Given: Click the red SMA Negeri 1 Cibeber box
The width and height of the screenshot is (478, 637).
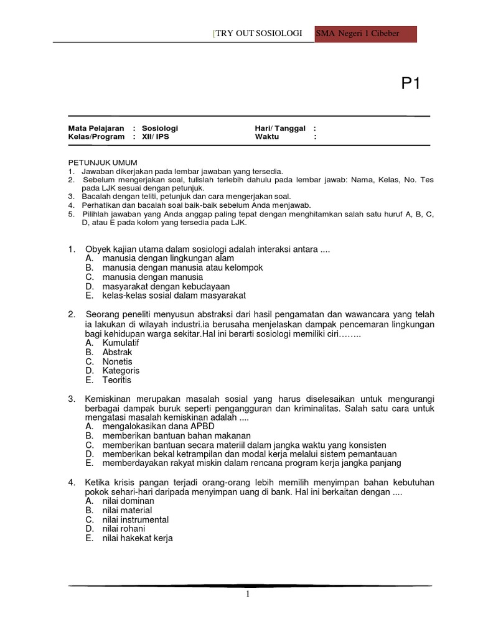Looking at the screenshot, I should pos(365,34).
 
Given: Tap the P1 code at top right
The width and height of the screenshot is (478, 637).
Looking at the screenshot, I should pos(410,84).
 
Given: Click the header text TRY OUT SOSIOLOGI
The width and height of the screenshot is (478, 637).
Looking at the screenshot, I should pos(259,34).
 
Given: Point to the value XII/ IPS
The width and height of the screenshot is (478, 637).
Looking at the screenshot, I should pos(155,137).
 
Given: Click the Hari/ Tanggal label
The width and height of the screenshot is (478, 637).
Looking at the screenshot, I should pos(280,128).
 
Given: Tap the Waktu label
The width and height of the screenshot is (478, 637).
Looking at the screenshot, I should pos(267,137).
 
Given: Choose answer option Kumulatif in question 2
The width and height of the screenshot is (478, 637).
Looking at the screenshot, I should pos(121,343).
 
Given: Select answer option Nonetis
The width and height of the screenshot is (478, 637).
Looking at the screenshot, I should pos(118,361).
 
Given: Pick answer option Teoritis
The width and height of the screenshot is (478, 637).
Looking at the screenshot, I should pos(117,380).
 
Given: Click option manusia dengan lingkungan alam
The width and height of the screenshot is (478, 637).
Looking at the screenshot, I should pos(168,258).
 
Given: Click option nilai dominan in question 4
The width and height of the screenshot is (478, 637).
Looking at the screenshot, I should pos(128,501).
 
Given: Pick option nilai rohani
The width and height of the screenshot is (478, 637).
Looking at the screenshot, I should pos(124,529).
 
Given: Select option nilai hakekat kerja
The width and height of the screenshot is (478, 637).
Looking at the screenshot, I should pos(138,538).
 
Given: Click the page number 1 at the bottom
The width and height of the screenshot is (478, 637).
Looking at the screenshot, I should pos(248,595).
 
